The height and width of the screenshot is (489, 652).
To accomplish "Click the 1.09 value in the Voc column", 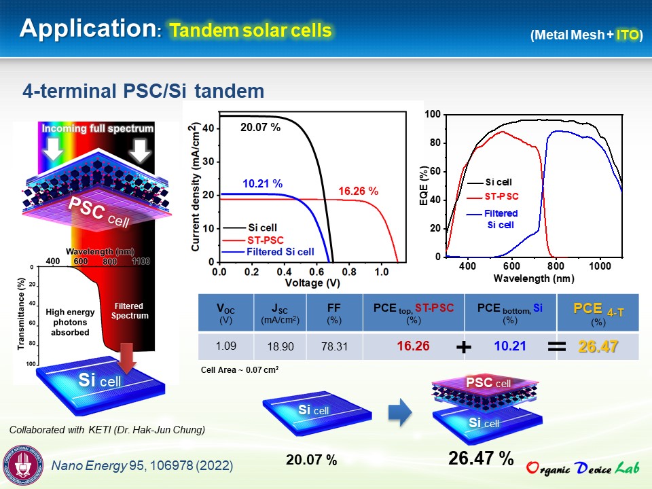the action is [x=225, y=346].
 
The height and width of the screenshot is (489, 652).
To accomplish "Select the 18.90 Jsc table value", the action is [x=280, y=346].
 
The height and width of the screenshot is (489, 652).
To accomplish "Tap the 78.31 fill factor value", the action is [x=334, y=346].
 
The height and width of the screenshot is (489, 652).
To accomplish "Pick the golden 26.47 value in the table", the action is [x=598, y=346].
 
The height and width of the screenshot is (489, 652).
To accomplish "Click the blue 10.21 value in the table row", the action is [x=510, y=346].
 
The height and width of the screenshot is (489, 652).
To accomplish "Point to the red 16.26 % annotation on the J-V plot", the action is [x=358, y=191].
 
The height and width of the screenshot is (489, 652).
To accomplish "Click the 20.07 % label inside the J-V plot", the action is [x=260, y=127].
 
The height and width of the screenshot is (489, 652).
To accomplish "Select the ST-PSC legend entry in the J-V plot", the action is [x=253, y=240].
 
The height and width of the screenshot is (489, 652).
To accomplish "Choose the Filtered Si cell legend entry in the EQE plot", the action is [x=492, y=219].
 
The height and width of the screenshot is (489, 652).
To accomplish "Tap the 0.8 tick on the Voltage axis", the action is [x=349, y=272].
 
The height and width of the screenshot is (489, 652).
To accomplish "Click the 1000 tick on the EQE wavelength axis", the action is [x=600, y=266].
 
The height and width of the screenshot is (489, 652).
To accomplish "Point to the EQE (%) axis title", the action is [x=424, y=185].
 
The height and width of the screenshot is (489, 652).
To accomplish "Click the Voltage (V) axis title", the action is [x=312, y=283].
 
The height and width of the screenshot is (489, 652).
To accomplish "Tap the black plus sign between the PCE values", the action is [x=464, y=347].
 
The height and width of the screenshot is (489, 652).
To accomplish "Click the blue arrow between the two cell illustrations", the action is [x=400, y=412].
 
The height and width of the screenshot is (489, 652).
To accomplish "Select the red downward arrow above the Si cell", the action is [x=126, y=358].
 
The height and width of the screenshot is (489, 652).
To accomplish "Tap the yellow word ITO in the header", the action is [x=627, y=35].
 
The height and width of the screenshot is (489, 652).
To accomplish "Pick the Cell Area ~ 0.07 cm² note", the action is [x=240, y=369].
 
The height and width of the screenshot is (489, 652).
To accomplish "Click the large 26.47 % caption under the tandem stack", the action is [x=481, y=458].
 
